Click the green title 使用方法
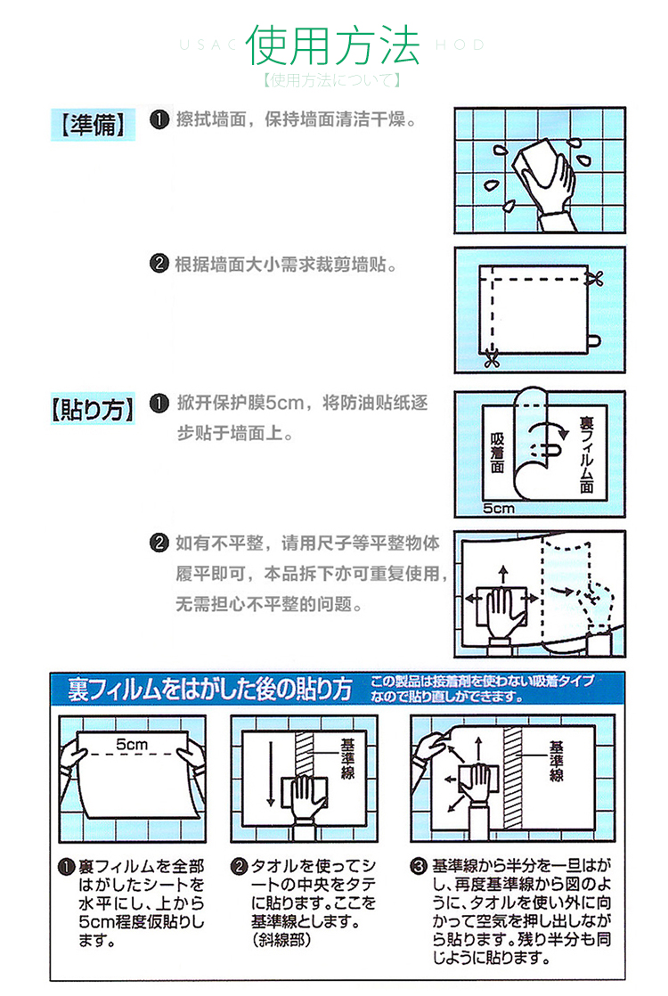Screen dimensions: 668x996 coord(333,45)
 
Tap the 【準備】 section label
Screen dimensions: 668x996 coord(93,125)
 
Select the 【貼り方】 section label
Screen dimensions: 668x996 coord(93,408)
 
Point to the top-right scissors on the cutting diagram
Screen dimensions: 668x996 coord(595,278)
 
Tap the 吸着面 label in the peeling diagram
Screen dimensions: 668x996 coord(497,453)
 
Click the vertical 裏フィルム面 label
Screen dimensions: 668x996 coord(586,455)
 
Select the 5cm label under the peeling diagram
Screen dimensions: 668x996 coord(499,508)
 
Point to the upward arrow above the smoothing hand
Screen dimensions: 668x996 coord(503,575)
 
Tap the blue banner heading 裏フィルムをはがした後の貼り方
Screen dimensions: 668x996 coord(209,690)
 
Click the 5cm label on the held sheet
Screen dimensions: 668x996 coord(132,744)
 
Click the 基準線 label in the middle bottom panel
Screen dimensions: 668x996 coord(347,758)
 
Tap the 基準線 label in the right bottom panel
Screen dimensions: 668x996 coord(557,761)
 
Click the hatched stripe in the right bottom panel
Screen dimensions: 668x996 coord(512,778)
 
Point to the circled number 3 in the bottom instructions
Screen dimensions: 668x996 coord(418,866)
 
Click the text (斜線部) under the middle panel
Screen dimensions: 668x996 coord(282,940)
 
